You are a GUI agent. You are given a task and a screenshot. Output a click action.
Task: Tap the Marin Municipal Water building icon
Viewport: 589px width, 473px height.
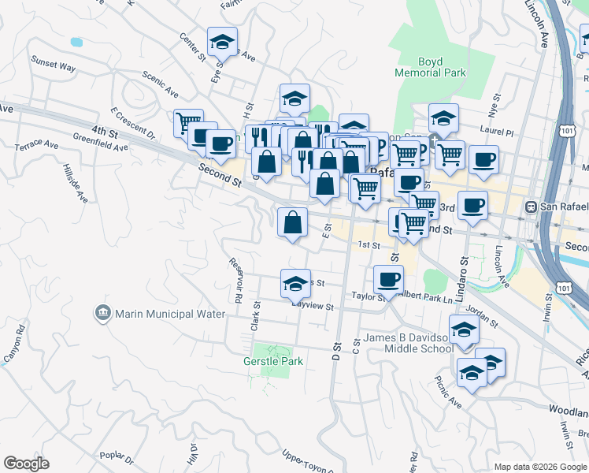103,314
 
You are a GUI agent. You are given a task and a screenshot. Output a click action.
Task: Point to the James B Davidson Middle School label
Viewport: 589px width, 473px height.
408,344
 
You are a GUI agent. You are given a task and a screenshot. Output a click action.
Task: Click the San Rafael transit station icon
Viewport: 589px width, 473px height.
532,207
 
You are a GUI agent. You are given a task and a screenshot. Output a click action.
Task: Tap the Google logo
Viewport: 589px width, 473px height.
26,464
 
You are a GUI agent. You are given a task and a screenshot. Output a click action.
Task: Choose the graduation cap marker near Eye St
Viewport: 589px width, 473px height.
222,43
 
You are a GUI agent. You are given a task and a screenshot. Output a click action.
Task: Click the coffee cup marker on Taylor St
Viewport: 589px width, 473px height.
388,279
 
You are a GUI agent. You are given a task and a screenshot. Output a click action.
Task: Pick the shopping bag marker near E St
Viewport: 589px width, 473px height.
292,222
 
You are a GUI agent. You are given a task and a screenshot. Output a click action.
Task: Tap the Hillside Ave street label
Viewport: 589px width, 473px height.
77,184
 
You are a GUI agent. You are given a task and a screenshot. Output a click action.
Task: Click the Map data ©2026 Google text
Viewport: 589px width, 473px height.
540,467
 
